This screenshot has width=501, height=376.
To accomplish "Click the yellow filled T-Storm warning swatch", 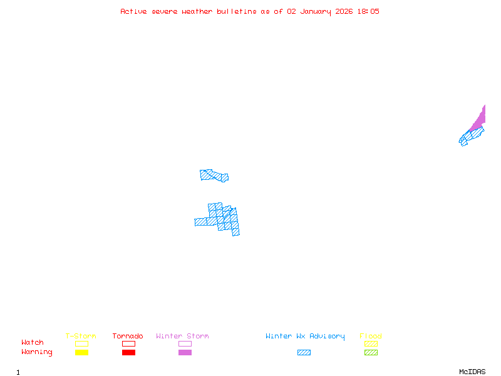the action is (x=81, y=353).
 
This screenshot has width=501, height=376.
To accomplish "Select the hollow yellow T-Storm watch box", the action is (x=81, y=343).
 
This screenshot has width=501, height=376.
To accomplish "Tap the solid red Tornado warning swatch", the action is (x=128, y=353).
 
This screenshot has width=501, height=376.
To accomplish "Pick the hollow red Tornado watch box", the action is (x=128, y=343).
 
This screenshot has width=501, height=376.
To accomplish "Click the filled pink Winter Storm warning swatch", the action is (x=185, y=353).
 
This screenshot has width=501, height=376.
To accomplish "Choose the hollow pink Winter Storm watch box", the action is (x=185, y=343).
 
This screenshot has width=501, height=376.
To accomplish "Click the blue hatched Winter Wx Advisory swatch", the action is (x=304, y=353).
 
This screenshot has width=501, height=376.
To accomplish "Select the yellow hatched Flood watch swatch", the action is (x=371, y=343).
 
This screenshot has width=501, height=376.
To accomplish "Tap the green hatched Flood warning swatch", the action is (x=371, y=353).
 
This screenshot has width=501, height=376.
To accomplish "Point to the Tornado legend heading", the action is (x=128, y=337).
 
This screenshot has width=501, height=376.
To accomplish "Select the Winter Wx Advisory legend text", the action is (x=305, y=337).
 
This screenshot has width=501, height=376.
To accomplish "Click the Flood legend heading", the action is (x=371, y=337).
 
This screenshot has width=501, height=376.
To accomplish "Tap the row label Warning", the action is (x=37, y=352).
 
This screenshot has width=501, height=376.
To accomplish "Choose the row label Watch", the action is (x=33, y=343).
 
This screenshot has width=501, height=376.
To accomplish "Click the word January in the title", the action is (x=317, y=11).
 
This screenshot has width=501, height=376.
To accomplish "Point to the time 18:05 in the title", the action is (x=368, y=11).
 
